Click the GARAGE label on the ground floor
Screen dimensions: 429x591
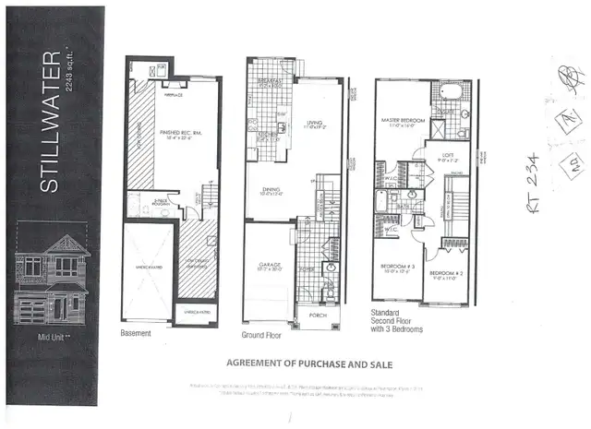coord(270,264)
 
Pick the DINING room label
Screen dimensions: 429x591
coord(271,191)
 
